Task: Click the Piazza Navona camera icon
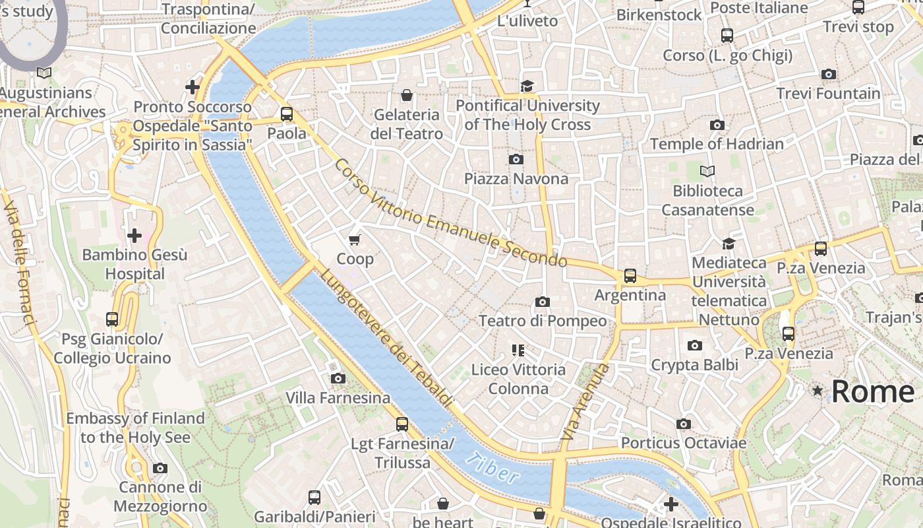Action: (516, 159)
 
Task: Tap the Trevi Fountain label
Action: (828, 94)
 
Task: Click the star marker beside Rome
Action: (818, 391)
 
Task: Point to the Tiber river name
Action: (492, 468)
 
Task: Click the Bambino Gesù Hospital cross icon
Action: (134, 235)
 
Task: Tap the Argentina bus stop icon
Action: (630, 276)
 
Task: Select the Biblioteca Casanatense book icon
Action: (707, 172)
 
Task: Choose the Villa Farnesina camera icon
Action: (338, 378)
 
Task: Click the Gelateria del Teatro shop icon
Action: (407, 96)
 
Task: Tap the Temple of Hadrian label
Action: (717, 144)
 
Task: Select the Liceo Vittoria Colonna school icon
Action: (518, 350)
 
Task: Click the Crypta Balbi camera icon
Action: (694, 346)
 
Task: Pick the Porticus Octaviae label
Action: (683, 443)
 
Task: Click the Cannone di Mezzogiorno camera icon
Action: (160, 468)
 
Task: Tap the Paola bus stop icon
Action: (287, 114)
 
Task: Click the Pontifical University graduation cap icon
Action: (527, 86)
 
